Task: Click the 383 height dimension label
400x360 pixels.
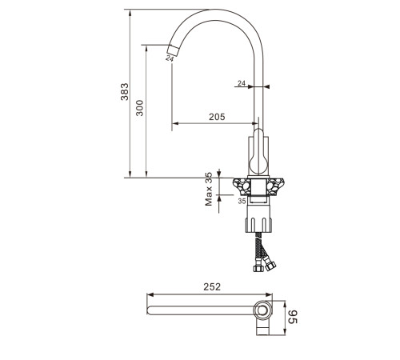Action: (125, 92)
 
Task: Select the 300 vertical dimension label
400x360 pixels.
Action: (139, 108)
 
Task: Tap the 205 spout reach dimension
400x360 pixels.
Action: (217, 117)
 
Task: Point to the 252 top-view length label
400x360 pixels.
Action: (212, 287)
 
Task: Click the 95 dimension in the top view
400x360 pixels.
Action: (293, 317)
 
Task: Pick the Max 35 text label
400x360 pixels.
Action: (209, 189)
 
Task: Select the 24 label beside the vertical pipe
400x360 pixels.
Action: (242, 83)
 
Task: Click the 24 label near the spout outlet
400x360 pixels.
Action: (170, 58)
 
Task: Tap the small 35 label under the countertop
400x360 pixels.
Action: (242, 201)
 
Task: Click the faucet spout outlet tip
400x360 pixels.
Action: (172, 50)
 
